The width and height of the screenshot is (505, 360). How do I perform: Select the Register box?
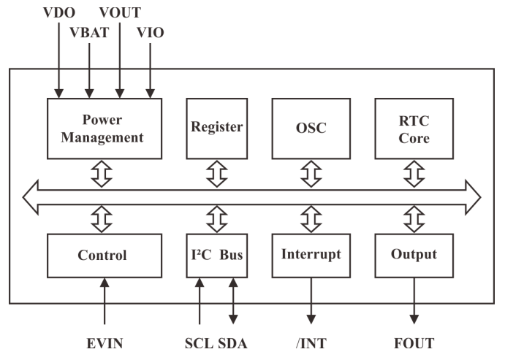point(216,127)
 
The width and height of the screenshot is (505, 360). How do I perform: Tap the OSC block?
point(311,127)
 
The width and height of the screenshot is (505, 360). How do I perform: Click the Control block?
point(102,256)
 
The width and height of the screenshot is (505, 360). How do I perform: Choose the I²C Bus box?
point(216,256)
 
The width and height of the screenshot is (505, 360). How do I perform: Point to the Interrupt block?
point(311,256)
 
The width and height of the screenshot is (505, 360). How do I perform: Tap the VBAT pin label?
point(89,33)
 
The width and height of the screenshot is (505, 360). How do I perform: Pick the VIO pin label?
point(151,33)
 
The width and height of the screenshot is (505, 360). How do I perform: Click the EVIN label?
point(105,342)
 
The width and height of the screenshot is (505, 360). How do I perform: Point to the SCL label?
point(199,342)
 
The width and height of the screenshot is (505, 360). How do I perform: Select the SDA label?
point(233,342)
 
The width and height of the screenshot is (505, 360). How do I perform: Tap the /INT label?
point(311,342)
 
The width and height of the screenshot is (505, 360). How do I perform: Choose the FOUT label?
point(414,342)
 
